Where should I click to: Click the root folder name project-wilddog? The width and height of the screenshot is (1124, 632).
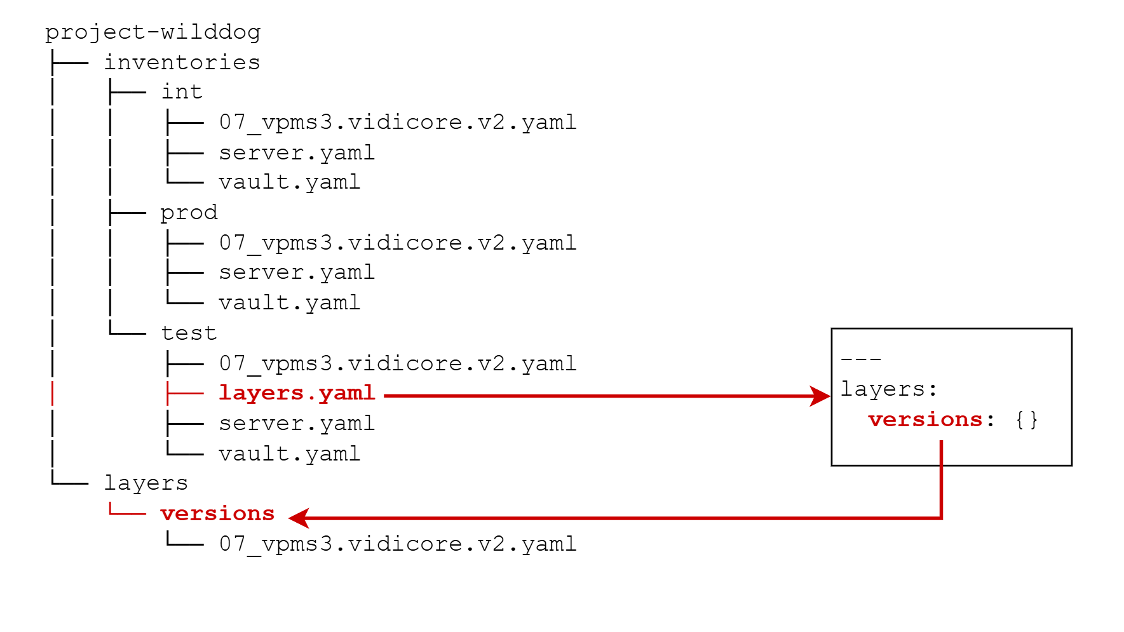coord(152,32)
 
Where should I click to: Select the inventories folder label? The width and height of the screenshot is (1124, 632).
coord(182,62)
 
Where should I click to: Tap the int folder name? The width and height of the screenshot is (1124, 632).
coord(182,92)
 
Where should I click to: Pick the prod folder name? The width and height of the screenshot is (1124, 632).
coord(189,213)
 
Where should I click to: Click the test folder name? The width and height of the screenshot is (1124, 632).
coord(189,333)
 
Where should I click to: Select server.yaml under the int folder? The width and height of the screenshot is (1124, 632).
coord(297,153)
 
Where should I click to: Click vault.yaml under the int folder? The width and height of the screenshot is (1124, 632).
coord(289,183)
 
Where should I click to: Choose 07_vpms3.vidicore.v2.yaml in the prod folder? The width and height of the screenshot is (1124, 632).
coord(398,243)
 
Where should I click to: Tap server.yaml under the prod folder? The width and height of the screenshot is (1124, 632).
coord(297,273)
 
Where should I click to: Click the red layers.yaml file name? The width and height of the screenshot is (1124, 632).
coord(297,393)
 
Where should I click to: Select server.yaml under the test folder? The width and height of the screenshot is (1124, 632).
coord(297,424)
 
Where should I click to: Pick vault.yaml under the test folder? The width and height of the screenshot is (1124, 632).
coord(289,454)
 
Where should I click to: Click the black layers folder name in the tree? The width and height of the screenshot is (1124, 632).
coord(146,483)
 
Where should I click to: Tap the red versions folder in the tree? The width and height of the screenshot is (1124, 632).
coord(217,514)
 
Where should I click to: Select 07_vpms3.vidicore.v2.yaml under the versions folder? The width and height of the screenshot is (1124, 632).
coord(398,544)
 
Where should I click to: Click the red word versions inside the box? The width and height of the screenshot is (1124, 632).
coord(925,420)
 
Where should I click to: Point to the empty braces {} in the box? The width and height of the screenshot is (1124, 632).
coord(1026,420)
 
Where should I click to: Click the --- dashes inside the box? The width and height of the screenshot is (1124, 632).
coord(861,360)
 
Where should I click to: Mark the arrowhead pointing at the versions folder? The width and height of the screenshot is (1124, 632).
coord(298,518)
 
